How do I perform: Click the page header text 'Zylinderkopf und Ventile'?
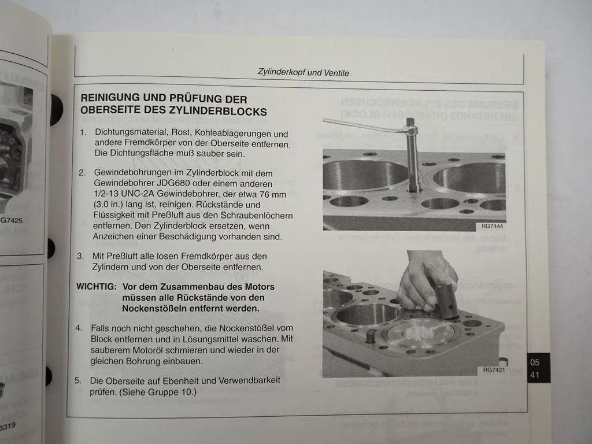pyautogui.click(x=303, y=73)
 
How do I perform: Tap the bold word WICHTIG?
pyautogui.click(x=96, y=287)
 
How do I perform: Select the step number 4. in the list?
pyautogui.click(x=79, y=328)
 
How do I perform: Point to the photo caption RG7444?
pyautogui.click(x=492, y=227)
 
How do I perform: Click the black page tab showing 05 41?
pyautogui.click(x=535, y=368)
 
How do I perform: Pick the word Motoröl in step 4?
pyautogui.click(x=166, y=349)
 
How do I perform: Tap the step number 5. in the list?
pyautogui.click(x=78, y=381)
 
